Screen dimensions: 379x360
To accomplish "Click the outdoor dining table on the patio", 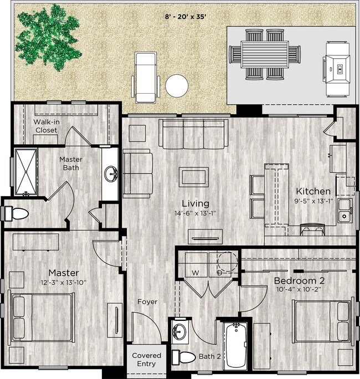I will point(265,54).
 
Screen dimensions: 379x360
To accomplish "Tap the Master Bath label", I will point(71,163).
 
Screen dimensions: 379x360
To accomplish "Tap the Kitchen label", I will point(313,191).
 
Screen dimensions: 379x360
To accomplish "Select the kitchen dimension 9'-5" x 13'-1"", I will point(313,201).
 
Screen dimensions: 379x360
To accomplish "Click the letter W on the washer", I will point(195,273).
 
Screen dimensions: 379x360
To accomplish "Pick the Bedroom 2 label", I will point(300,281).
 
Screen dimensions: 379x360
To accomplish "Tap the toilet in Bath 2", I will point(183,356).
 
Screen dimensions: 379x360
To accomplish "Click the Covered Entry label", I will point(147,360).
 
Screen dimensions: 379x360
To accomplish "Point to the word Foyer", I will point(147,302).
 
